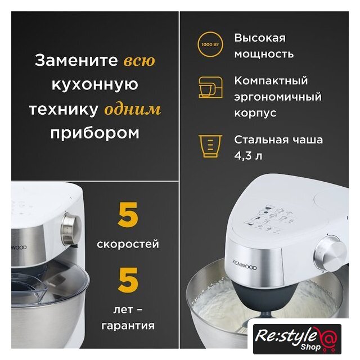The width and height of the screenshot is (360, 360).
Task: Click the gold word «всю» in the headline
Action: (139, 61)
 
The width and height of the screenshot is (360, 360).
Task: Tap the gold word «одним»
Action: (133, 109)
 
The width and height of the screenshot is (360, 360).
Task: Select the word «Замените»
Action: (76, 60)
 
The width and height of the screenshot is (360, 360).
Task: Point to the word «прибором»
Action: (95, 133)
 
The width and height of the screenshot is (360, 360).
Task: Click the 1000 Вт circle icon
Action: (210, 44)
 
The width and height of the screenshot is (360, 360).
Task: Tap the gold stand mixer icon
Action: (210, 88)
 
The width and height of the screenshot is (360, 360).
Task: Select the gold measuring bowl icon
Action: (210, 146)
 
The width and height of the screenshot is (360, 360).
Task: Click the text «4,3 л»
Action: (248, 156)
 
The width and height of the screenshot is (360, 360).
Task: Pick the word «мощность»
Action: (264, 55)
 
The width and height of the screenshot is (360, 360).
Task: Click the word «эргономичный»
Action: (278, 97)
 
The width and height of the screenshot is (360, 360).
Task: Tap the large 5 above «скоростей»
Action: (128, 215)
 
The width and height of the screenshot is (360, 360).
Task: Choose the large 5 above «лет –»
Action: (128, 280)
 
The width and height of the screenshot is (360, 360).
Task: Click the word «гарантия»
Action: (128, 326)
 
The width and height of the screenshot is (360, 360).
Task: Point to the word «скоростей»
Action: (128, 244)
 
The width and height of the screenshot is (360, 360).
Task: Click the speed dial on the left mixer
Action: (71, 229)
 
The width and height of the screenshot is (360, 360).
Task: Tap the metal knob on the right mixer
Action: (331, 251)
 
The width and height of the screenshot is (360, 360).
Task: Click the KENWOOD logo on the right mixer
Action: (245, 265)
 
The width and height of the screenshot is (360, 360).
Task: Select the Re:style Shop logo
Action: (297, 339)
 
